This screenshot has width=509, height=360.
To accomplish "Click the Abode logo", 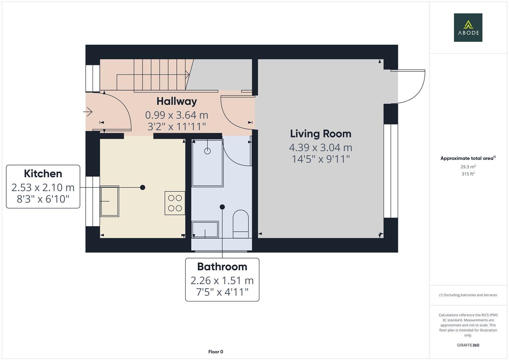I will (468, 27).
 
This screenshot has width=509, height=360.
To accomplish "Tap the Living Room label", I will (320, 134).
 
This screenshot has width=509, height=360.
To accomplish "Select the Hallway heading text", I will (177, 101).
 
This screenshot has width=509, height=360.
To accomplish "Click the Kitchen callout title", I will (43, 174).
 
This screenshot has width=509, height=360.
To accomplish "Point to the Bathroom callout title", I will (222, 267).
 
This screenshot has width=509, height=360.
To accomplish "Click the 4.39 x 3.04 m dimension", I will (320, 147).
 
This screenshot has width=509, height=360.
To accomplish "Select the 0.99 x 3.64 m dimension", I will (177, 115).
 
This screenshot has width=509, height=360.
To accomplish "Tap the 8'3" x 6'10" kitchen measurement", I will (43, 199).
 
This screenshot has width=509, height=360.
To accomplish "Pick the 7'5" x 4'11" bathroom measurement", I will (222, 292).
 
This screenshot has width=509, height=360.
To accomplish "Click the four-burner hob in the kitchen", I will (175, 203).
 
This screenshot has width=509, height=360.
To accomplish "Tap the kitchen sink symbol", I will (110, 201).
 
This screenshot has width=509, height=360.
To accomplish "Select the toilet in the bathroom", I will (240, 221).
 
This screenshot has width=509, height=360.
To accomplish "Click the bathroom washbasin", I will (205, 229).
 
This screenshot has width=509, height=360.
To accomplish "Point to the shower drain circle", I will (207, 151).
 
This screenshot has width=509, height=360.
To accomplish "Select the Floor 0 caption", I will (216, 352).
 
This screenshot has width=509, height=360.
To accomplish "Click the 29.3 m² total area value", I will (468, 167).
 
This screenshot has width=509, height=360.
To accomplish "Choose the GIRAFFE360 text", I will (468, 345).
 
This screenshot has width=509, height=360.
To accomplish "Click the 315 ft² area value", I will (468, 174).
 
